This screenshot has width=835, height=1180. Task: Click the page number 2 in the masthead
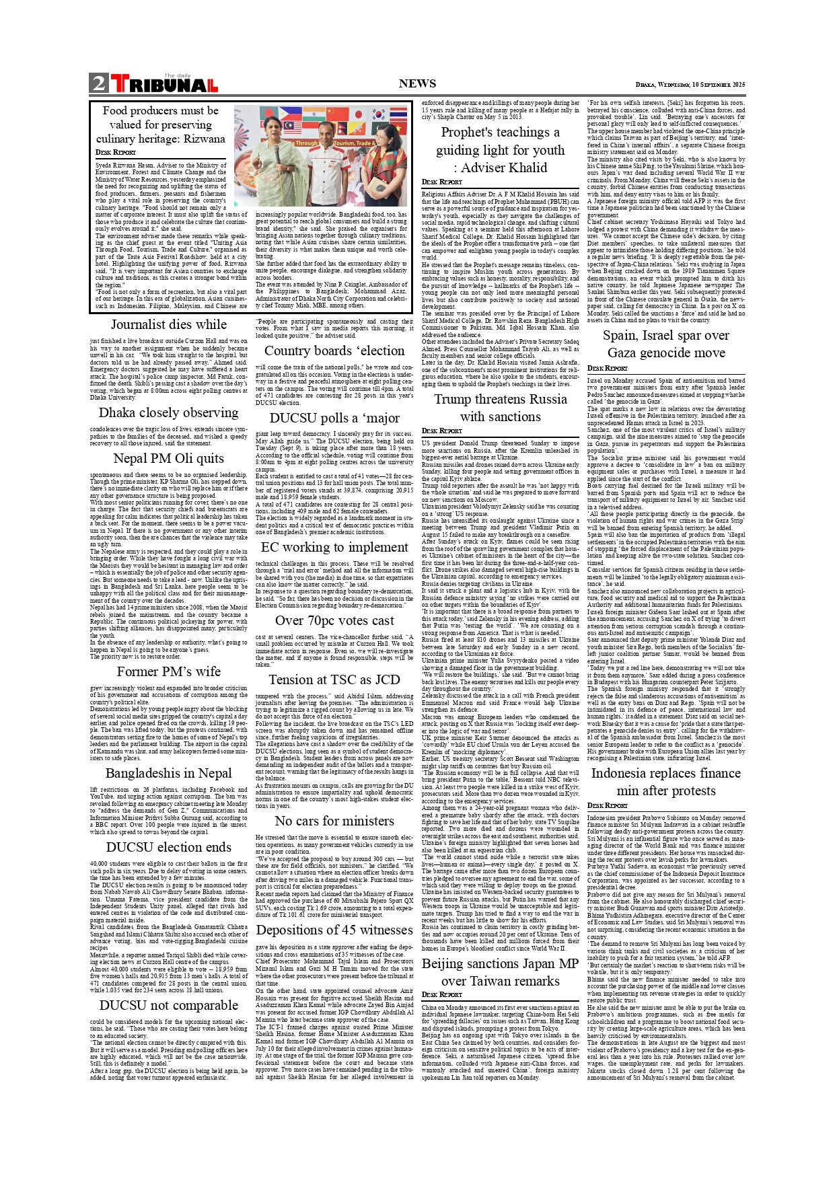[99, 84]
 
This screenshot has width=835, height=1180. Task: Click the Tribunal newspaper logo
[164, 84]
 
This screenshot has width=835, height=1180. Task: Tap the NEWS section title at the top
[417, 84]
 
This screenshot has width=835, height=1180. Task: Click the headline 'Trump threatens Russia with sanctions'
[500, 408]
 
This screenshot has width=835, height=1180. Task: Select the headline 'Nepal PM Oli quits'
[168, 458]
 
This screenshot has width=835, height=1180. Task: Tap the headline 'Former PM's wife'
[168, 671]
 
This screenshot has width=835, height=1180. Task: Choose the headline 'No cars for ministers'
[334, 821]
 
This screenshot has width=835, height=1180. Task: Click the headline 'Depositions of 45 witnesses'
[334, 930]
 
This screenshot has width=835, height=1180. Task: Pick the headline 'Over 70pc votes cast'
[334, 620]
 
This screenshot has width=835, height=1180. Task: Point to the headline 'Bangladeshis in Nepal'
[168, 773]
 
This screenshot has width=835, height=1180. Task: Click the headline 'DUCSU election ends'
[168, 847]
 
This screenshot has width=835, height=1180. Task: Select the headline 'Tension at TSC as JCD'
[334, 679]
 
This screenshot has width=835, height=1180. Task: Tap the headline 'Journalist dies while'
[168, 324]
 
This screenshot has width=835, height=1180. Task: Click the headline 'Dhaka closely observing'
[168, 412]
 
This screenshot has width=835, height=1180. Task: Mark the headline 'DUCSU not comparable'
[168, 1005]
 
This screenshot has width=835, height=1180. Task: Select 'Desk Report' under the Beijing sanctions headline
[441, 994]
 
